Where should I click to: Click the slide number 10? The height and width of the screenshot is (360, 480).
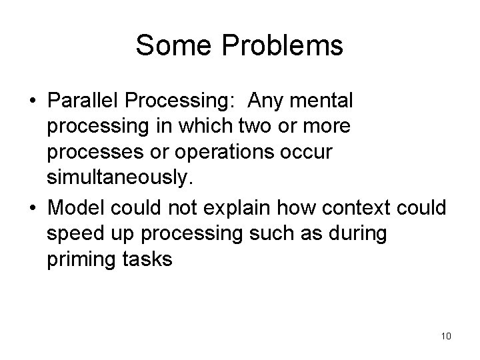446,335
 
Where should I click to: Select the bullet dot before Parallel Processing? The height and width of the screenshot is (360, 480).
33,101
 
